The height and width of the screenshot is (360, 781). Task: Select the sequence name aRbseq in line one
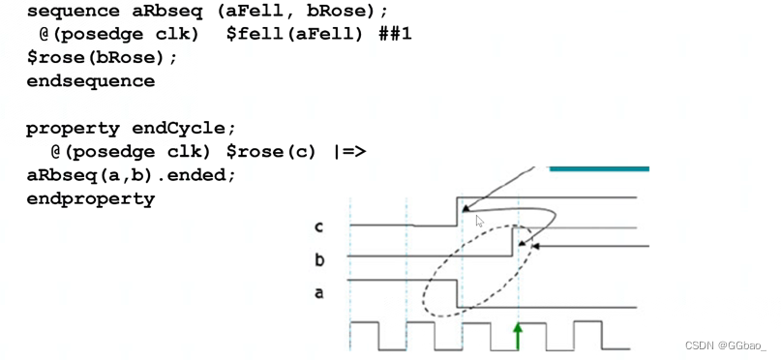(x=157, y=12)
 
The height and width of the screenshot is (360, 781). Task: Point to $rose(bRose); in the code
(x=103, y=58)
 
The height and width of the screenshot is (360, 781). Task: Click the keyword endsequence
(x=90, y=81)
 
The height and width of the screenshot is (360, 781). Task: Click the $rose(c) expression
(x=275, y=153)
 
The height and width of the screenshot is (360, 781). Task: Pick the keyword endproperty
(x=90, y=199)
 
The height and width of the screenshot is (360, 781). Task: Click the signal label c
(x=318, y=227)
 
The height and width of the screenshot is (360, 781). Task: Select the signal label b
(x=318, y=260)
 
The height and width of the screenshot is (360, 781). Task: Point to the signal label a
(x=318, y=292)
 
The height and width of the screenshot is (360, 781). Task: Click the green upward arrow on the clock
(x=518, y=336)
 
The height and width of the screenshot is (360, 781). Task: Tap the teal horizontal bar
(x=598, y=168)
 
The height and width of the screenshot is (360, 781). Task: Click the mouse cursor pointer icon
(x=479, y=222)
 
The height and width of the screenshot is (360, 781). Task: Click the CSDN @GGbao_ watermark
(x=724, y=346)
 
